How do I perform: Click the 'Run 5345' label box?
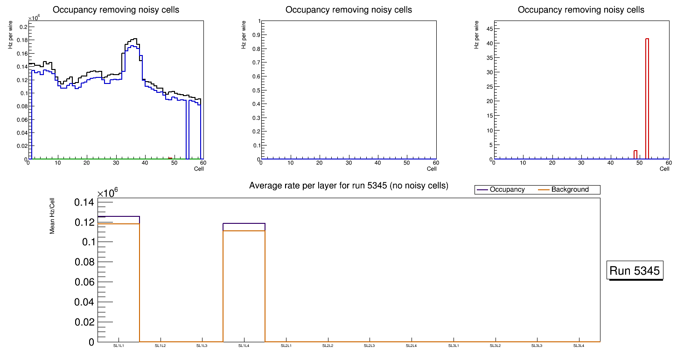635,270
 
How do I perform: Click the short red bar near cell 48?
635,155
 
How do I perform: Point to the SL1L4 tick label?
244,346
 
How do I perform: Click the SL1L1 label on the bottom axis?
119,346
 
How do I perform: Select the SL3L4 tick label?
579,346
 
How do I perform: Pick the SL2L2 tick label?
328,346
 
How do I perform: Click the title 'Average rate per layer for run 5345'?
349,186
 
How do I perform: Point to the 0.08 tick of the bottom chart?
84,262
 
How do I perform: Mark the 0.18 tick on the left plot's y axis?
21,40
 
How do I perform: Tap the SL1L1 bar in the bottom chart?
119,280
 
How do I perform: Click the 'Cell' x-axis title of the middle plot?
432,169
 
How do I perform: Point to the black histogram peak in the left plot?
134,39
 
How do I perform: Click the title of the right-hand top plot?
581,10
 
